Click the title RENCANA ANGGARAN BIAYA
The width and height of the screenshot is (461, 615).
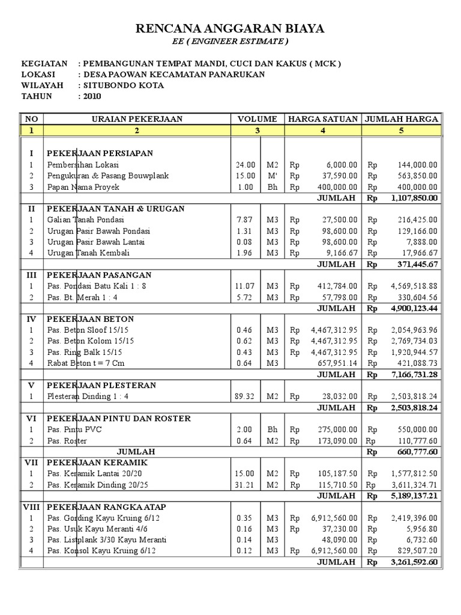coord(230,28)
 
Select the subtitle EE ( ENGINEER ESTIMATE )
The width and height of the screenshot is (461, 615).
coord(230,41)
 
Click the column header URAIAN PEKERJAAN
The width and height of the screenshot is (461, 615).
coord(136,119)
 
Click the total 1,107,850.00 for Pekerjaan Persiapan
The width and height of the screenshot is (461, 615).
coord(414,198)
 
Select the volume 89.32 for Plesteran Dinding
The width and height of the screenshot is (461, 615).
coord(245,396)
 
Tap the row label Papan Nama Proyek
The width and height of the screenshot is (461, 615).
coord(83,187)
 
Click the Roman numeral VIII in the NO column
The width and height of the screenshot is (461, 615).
coord(31,507)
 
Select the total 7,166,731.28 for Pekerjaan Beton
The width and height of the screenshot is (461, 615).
coord(414,374)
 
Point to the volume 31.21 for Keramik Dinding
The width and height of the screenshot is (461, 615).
coord(246,485)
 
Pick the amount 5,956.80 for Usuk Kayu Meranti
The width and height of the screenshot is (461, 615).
coord(422,529)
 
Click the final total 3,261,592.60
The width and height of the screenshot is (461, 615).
coord(414,563)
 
